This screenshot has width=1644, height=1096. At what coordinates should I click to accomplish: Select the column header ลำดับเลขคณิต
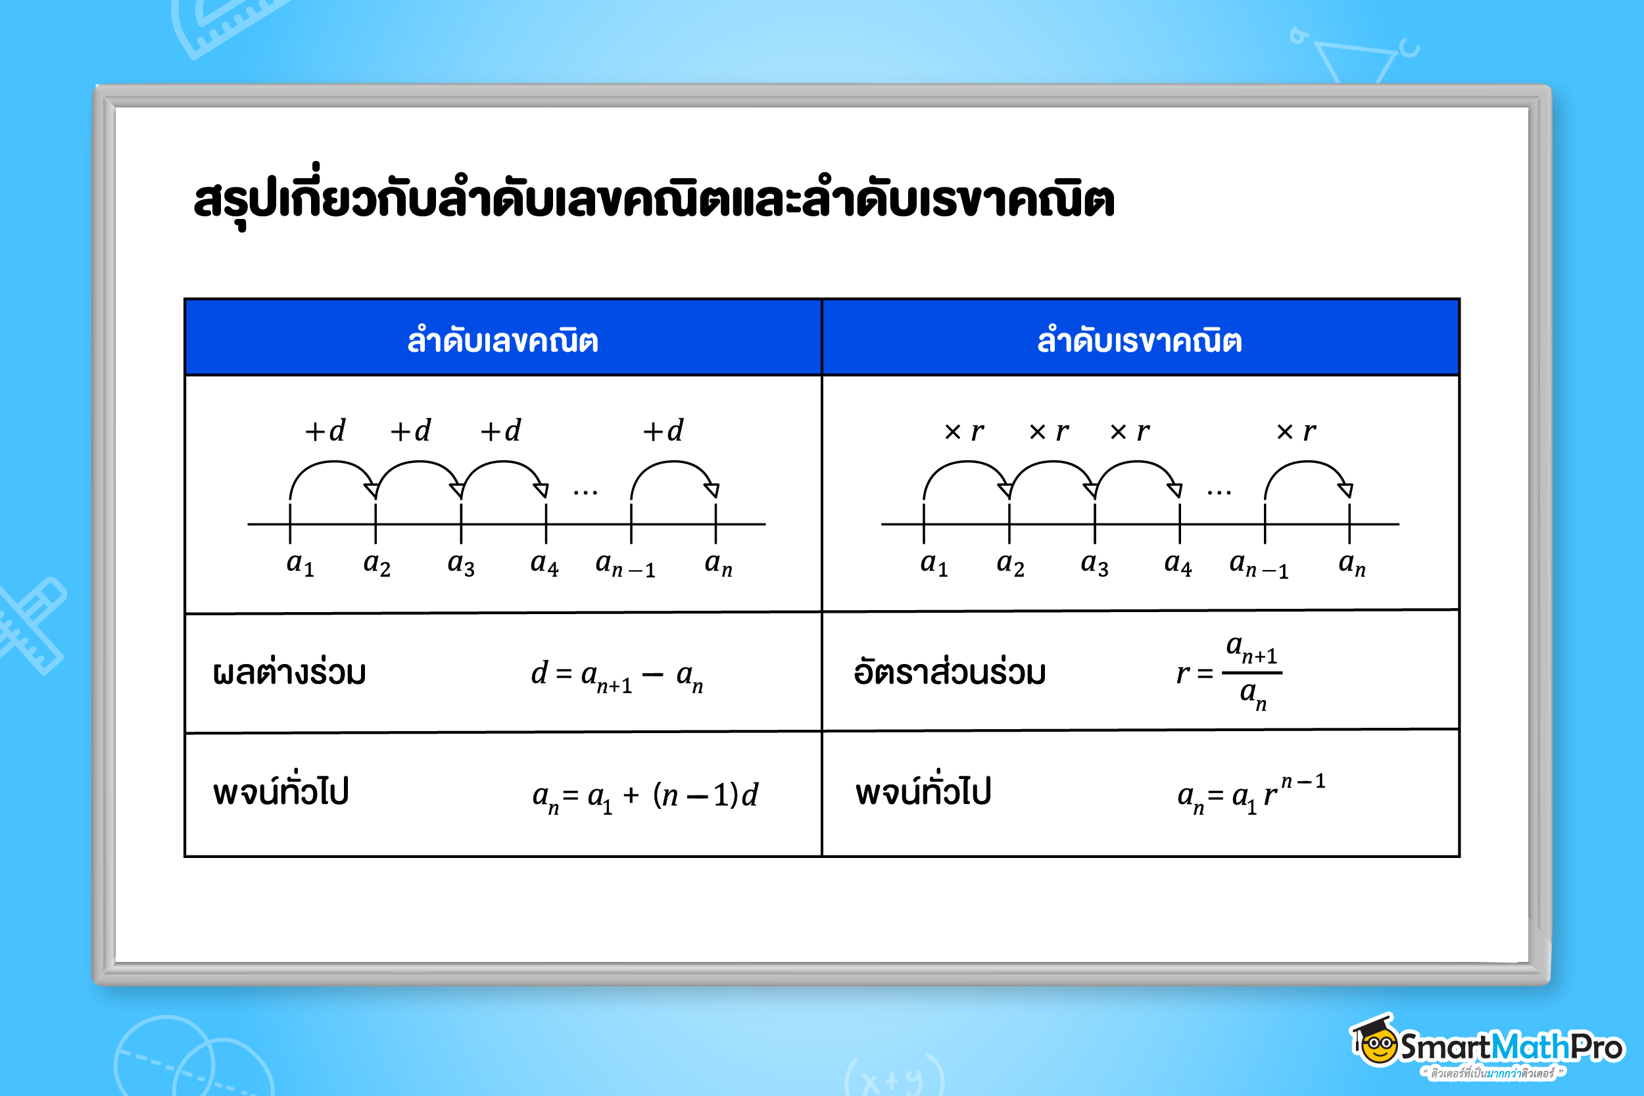pos(502,341)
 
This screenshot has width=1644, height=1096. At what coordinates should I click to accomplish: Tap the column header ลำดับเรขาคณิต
pos(1140,341)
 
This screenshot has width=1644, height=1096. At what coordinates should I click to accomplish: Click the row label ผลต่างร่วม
pos(289,673)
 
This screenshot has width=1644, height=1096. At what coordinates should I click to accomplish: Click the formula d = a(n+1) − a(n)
pos(617,676)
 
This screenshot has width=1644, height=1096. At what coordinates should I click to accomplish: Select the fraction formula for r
pos(1230,673)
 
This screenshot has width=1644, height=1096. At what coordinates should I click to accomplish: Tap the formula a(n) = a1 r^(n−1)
pos(1251,794)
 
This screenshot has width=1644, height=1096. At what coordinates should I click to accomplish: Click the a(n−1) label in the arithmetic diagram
pos(625,565)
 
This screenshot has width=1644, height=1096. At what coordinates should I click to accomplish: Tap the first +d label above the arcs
pos(325,431)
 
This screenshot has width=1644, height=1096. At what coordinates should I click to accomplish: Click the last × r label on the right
pos(1297,431)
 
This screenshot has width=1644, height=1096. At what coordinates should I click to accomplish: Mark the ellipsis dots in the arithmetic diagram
pos(585,493)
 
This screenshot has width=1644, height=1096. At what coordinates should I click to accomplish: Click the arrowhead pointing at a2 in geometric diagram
pos(1006,490)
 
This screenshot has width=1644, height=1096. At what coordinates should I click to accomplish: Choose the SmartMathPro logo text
pos(1511,1047)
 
